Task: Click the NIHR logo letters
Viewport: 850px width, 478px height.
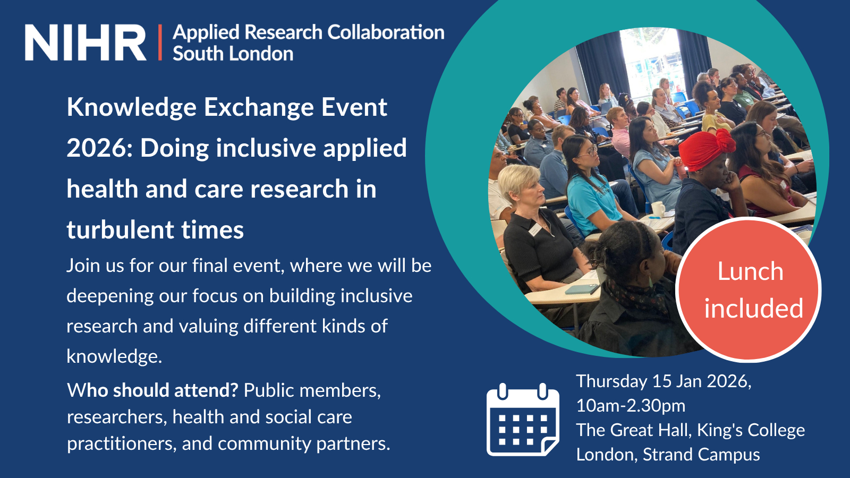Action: tap(86, 42)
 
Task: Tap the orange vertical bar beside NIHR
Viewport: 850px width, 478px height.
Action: tap(160, 42)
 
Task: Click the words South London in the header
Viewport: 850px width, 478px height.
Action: tap(233, 54)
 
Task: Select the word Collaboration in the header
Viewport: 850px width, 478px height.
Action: tap(386, 32)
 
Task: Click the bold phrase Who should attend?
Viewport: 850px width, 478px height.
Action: tap(152, 390)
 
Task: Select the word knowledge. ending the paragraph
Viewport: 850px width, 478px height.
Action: tap(114, 356)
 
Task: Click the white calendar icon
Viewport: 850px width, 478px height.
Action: tap(523, 419)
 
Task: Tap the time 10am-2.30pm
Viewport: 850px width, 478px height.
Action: tap(631, 406)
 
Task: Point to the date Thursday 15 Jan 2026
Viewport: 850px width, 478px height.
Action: tap(664, 381)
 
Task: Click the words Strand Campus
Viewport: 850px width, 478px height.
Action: tap(701, 455)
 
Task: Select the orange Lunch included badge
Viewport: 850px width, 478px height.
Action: tap(749, 289)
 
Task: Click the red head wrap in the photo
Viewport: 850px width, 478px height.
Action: tap(707, 149)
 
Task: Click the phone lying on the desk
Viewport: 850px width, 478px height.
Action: tap(583, 289)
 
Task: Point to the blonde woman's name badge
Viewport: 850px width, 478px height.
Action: tap(534, 229)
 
